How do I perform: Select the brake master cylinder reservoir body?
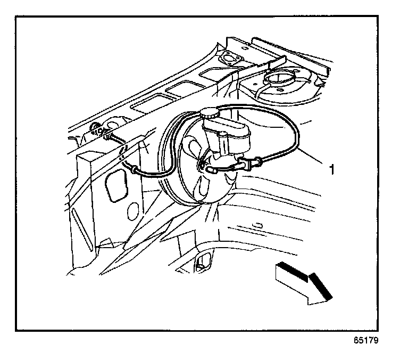(228, 136)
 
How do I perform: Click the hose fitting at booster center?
(202, 166)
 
